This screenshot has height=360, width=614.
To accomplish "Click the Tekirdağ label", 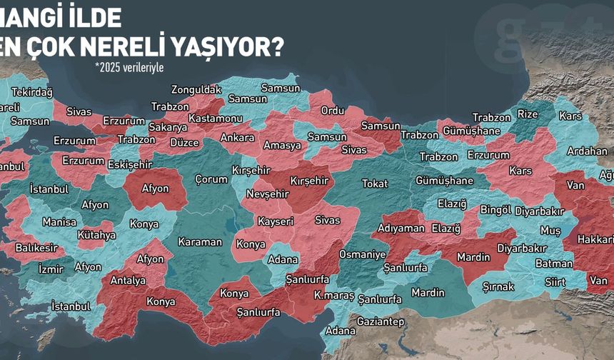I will [x=32, y=93].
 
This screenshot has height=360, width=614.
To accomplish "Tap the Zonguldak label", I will [x=195, y=89].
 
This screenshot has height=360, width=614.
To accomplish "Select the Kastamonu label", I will [x=215, y=118].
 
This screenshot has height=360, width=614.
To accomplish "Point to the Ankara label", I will [x=237, y=137].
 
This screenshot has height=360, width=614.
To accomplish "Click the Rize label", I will [x=528, y=114].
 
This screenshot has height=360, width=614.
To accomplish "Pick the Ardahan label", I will [x=587, y=151].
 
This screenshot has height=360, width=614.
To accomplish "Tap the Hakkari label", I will [x=594, y=239].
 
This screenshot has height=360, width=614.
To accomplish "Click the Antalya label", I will [x=128, y=281].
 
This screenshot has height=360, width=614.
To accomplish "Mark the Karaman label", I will [x=200, y=241].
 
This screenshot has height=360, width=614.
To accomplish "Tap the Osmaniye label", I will [x=362, y=254].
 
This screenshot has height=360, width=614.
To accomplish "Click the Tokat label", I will [x=375, y=184].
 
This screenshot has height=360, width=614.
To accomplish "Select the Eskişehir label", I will [x=129, y=164].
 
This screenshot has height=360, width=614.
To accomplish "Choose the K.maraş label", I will [x=333, y=294].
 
